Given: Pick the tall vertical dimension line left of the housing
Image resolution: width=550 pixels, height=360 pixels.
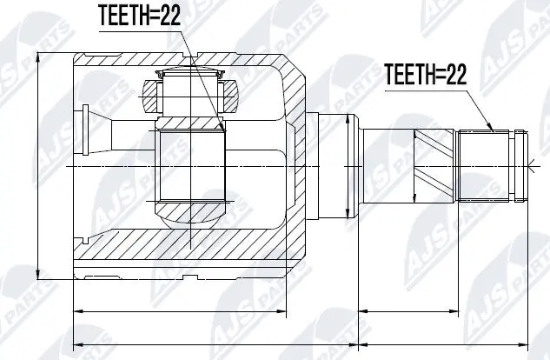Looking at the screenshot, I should [40, 165].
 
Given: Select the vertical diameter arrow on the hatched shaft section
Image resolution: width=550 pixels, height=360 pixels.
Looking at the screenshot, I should [416, 164].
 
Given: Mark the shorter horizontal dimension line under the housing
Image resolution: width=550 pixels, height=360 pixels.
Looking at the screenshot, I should [191, 309].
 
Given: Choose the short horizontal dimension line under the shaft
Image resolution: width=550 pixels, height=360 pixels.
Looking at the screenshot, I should [409, 309].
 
